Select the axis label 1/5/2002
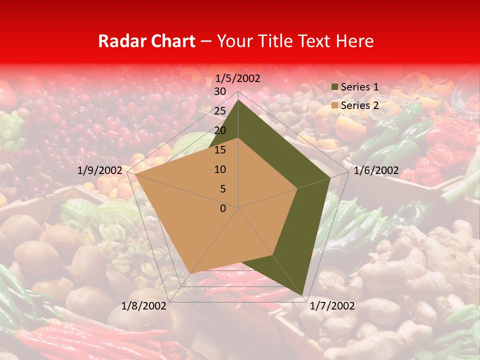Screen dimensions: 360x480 [237, 78]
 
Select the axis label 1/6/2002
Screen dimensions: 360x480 [376, 171]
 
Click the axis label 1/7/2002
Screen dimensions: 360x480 [332, 306]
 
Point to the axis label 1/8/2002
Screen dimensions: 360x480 [144, 306]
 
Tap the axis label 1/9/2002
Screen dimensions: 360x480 [100, 170]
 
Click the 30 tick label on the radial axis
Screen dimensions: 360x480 [220, 91]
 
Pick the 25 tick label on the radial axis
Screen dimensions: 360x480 [220, 111]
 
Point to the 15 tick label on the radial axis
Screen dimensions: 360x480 [220, 150]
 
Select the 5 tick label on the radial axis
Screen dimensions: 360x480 [222, 189]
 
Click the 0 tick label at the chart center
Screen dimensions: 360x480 [223, 208]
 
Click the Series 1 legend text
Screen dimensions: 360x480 [359, 87]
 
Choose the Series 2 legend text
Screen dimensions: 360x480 [359, 105]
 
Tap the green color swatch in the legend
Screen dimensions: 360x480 [335, 87]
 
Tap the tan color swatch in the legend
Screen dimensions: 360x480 [335, 105]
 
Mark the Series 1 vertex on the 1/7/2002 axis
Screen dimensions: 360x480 [302, 295]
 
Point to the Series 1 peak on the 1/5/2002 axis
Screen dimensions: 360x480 [238, 99]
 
